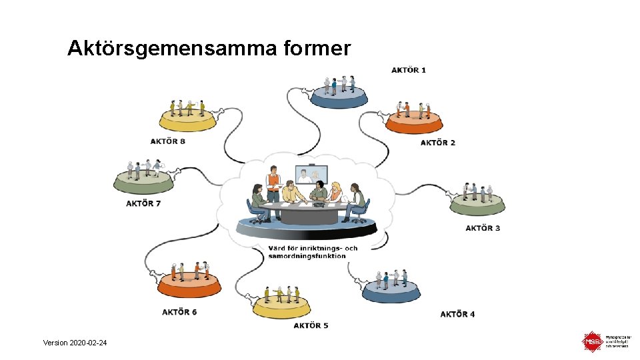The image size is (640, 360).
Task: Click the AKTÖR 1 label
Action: [x=409, y=70]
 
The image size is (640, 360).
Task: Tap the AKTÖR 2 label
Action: [x=438, y=143]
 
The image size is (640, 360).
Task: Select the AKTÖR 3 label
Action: [x=483, y=228]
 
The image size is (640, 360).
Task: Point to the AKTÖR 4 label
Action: [x=457, y=314]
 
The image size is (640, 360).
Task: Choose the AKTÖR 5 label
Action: [x=311, y=325]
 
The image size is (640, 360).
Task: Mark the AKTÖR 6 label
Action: [x=179, y=312]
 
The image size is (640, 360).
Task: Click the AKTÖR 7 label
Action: [x=143, y=203]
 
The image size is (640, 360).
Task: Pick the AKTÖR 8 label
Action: [x=167, y=141]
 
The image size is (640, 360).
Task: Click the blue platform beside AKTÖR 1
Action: [x=339, y=98]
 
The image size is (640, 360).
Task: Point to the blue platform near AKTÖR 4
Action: [x=391, y=291]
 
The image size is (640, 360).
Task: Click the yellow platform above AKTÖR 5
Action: [x=282, y=306]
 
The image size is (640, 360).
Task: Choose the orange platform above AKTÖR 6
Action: [x=189, y=285]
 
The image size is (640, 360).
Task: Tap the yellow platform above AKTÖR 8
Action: [x=189, y=120]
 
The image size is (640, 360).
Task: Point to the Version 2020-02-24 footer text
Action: [x=74, y=343]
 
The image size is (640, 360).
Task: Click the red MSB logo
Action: [x=591, y=342]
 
